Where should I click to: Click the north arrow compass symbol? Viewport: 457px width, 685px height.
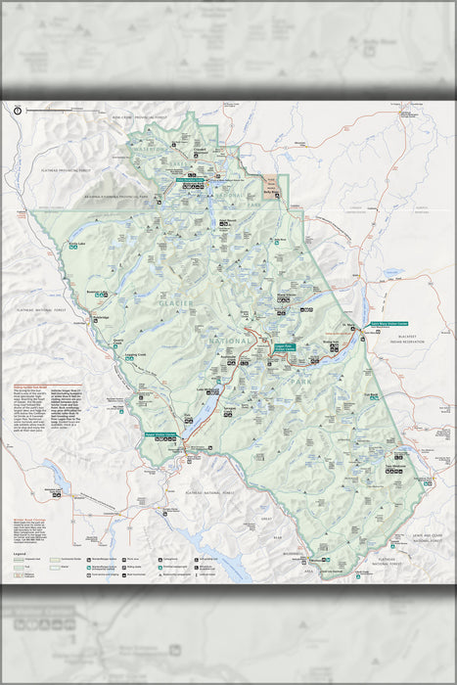click(x=18, y=110)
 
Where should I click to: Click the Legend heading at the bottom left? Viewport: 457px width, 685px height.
click(x=20, y=554)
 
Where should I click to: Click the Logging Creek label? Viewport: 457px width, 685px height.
click(x=135, y=355)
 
